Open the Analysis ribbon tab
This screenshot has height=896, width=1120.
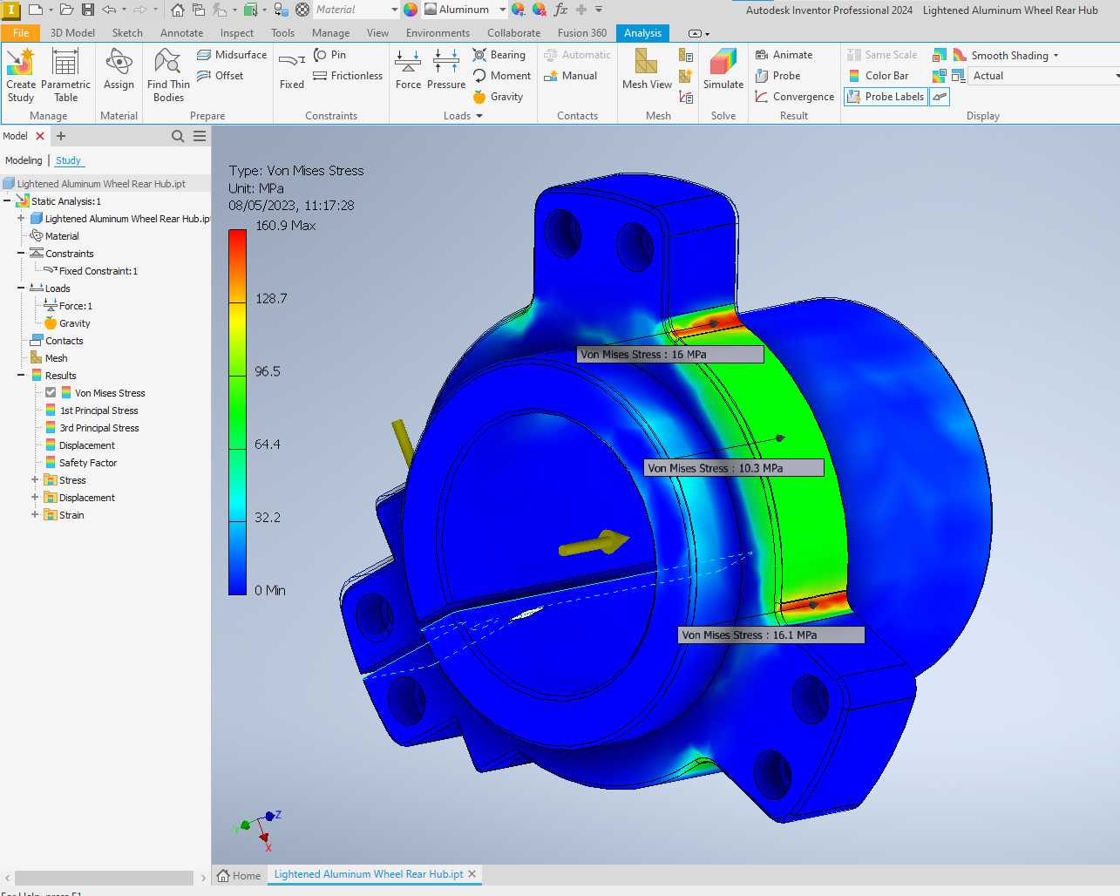(642, 33)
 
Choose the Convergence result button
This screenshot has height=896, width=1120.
(794, 97)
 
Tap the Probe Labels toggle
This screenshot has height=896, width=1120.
(886, 97)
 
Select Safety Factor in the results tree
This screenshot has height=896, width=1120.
(87, 462)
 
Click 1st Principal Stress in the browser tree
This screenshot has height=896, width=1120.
(98, 411)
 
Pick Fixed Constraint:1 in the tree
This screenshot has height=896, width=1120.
(98, 271)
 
